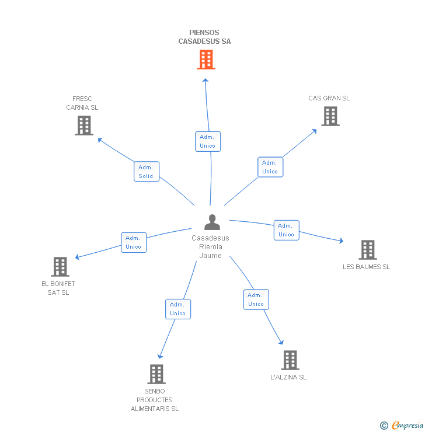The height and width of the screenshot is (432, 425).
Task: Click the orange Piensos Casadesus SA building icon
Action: (205, 60)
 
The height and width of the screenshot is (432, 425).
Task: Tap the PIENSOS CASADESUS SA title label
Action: (205, 37)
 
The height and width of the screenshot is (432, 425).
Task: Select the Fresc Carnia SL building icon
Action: (84, 125)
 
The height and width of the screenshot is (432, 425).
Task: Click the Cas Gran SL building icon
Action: (330, 116)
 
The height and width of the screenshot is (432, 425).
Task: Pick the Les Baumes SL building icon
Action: (367, 250)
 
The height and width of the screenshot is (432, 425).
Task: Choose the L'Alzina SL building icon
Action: (290, 360)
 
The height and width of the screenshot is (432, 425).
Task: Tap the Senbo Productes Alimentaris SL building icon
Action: (156, 374)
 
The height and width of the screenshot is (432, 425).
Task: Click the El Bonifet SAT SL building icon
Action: (60, 267)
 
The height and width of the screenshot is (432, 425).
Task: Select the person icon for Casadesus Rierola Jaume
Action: (212, 222)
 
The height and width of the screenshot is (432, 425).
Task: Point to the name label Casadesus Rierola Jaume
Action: (210, 247)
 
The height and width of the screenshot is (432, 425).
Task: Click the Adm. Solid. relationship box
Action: (147, 172)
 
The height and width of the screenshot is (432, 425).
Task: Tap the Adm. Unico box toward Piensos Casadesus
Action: (207, 141)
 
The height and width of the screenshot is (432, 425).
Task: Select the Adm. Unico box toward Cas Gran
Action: (270, 167)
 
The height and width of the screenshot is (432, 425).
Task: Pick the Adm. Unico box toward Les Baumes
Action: (286, 230)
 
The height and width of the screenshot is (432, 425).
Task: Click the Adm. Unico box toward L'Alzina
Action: (256, 299)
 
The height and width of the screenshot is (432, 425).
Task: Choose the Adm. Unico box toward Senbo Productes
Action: (177, 309)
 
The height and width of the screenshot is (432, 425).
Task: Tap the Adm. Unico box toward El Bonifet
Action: (134, 242)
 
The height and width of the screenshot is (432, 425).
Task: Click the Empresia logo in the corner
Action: (402, 425)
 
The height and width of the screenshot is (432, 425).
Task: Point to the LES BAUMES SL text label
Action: (366, 267)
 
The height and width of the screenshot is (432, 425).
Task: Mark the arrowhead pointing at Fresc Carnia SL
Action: (99, 140)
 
